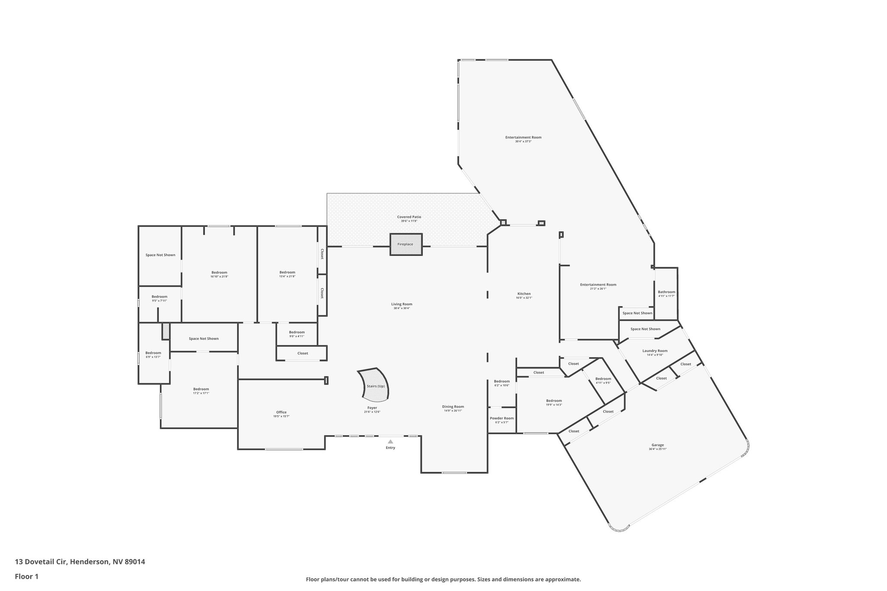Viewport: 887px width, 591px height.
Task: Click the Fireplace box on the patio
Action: [x=405, y=244]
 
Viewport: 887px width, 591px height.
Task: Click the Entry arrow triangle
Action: [x=390, y=442]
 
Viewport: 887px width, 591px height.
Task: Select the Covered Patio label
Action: [x=409, y=217]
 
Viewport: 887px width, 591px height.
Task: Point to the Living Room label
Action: [x=401, y=304]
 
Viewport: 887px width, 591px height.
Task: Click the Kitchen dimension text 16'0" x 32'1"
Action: [x=524, y=298]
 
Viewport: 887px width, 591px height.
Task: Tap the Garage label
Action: [x=657, y=445]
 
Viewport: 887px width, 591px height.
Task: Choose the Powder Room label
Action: [x=502, y=418]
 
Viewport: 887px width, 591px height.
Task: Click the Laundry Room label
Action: [x=654, y=351]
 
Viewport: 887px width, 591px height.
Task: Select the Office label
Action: [x=281, y=412]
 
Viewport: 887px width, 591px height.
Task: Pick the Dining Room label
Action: [x=453, y=407]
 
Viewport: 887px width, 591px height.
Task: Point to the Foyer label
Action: [x=372, y=408]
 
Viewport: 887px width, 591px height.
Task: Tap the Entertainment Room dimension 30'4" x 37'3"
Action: [x=523, y=142]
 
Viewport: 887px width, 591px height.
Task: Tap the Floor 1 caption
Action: [x=27, y=576]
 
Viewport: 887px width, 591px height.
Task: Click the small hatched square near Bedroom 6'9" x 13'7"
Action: [x=166, y=331]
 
